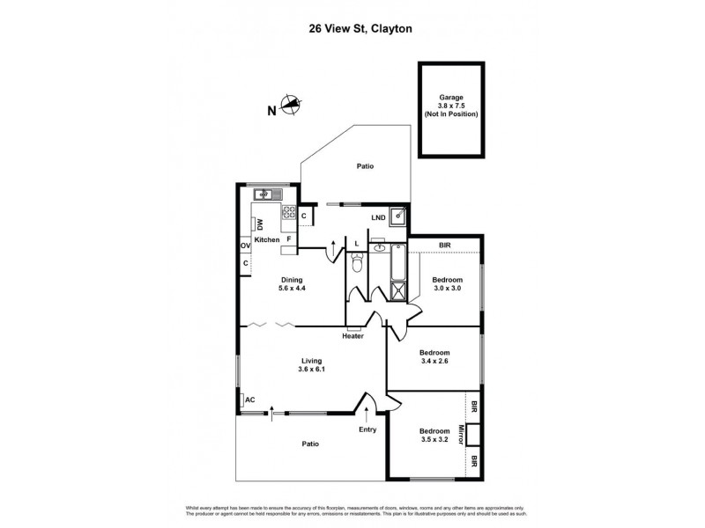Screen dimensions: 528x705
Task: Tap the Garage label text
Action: point(451,98)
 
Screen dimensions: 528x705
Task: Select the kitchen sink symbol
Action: point(263,194)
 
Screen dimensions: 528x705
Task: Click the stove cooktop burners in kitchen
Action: point(288,213)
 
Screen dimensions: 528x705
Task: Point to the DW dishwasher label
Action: point(261,224)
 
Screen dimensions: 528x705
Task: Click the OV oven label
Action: point(244,246)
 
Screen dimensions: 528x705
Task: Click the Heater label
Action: point(352,335)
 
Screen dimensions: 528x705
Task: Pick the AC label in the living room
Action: point(250,400)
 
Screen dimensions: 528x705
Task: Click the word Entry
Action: point(367,429)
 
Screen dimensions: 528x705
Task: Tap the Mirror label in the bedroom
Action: point(460,435)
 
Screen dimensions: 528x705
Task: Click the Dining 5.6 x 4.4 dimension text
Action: point(292,289)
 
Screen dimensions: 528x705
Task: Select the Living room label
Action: point(311,361)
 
